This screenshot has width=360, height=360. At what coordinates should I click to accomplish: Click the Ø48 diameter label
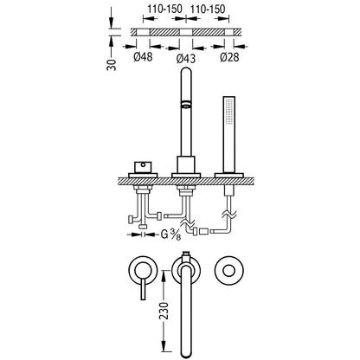(143, 57)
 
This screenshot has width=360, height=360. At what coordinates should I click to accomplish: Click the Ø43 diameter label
(186, 59)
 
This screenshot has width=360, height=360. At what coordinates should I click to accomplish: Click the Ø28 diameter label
(229, 57)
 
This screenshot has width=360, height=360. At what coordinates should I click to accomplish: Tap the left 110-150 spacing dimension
(165, 10)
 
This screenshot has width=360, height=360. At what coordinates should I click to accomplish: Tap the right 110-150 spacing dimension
(207, 10)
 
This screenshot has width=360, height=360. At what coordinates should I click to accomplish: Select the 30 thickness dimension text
(112, 65)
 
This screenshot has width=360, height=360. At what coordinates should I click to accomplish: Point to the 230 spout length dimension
(164, 311)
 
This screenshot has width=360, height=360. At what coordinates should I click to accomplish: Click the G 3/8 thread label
(170, 235)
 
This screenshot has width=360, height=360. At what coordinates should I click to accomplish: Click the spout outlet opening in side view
(186, 105)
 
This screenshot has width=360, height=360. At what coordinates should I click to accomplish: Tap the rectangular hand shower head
(229, 114)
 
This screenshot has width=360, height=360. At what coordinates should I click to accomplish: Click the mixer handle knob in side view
(143, 168)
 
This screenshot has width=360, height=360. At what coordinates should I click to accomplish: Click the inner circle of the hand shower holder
(229, 271)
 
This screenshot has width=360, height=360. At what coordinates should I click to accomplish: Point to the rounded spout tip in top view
(186, 353)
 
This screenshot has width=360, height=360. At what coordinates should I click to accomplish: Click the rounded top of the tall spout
(186, 72)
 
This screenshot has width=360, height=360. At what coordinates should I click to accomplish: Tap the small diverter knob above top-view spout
(186, 254)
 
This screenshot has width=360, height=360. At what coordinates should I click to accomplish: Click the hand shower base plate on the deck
(229, 175)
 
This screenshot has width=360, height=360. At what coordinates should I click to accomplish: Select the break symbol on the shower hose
(229, 214)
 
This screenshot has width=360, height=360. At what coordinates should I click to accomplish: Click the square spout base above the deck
(186, 164)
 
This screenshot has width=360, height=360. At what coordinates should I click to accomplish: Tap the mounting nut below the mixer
(143, 190)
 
